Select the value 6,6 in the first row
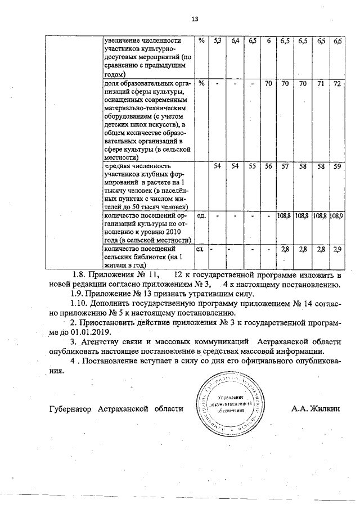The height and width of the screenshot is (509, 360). click(x=337, y=42)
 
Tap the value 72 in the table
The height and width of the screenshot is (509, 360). click(x=337, y=84)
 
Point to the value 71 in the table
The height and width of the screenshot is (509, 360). click(x=320, y=84)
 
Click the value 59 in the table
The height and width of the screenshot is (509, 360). click(x=337, y=167)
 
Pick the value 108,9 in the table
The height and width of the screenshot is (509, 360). click(x=337, y=216)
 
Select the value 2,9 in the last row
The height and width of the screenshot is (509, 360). click(x=337, y=249)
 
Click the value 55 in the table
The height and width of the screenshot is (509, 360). click(x=253, y=167)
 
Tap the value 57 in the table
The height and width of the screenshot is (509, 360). click(x=285, y=167)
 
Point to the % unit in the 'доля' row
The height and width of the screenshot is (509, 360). click(x=201, y=84)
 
